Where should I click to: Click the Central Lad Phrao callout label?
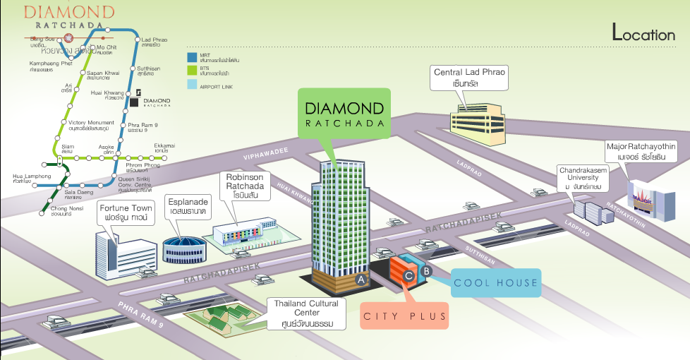471,77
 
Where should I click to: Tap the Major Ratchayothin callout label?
641,151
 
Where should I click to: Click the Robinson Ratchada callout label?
245,185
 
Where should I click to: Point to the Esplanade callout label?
187,206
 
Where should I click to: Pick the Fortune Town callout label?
126,213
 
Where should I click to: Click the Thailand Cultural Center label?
305,313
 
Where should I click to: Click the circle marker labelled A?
362,280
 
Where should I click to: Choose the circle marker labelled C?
408,277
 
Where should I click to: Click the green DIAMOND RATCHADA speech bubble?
344,113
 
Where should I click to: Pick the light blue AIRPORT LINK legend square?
191,85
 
